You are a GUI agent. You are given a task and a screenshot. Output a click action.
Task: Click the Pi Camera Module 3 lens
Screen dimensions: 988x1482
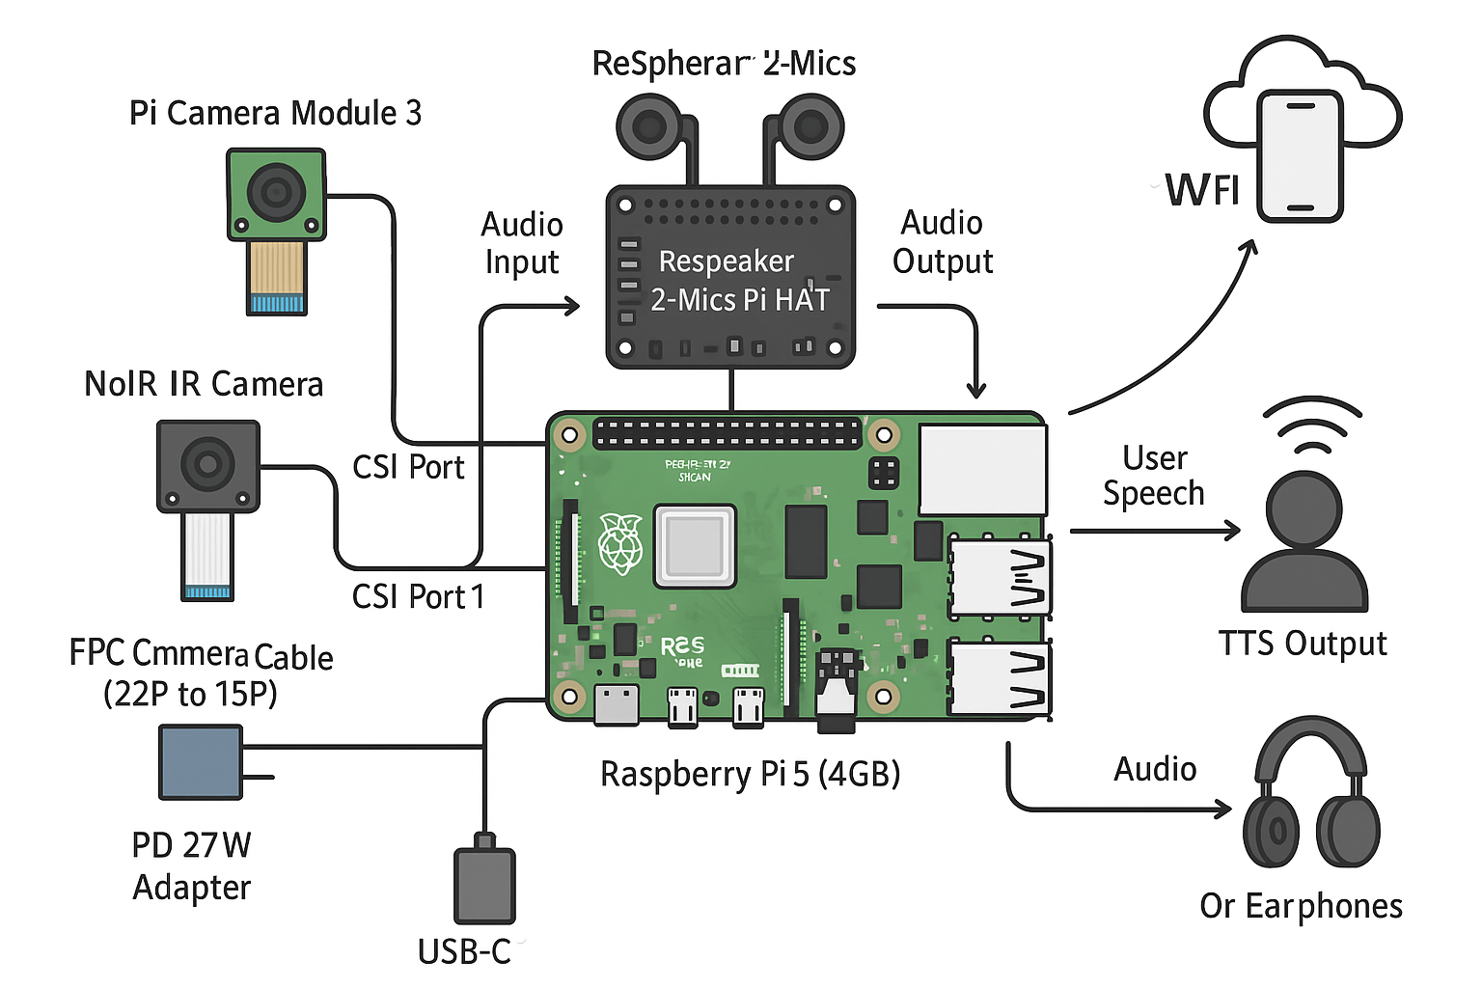point(276,191)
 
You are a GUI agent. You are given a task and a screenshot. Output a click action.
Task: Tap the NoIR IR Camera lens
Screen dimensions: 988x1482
point(207,464)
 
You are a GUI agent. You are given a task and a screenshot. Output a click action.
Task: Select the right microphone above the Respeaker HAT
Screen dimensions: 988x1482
point(810,126)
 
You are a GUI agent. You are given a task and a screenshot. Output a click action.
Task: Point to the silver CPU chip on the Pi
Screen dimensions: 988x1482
point(695,545)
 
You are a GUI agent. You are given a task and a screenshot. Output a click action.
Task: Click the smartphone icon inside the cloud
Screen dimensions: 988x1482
point(1300,156)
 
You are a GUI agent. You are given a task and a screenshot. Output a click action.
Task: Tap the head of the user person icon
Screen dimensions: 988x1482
point(1304,508)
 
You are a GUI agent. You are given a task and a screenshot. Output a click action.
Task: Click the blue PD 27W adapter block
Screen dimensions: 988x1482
point(201,762)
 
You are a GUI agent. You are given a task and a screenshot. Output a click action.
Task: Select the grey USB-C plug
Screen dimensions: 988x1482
point(484,885)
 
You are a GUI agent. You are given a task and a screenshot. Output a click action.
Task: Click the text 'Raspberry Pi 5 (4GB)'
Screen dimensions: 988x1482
point(750,774)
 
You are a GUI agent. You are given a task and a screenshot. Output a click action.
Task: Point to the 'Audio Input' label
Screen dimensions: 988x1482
point(522,243)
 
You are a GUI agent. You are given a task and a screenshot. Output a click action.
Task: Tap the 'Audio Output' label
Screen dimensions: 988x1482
point(942,242)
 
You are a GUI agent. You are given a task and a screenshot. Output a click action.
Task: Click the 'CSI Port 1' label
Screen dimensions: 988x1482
point(418,597)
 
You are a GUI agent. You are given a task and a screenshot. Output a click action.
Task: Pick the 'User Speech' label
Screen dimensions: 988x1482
point(1154,476)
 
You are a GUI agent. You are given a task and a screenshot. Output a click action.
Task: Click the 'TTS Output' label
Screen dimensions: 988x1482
point(1303,644)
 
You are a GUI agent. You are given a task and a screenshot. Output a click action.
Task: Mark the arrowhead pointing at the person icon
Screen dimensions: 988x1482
point(1233,530)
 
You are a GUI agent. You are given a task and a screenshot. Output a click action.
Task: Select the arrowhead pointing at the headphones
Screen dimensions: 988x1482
point(1224,809)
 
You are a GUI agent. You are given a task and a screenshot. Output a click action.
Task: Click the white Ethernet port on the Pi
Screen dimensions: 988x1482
point(982,469)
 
